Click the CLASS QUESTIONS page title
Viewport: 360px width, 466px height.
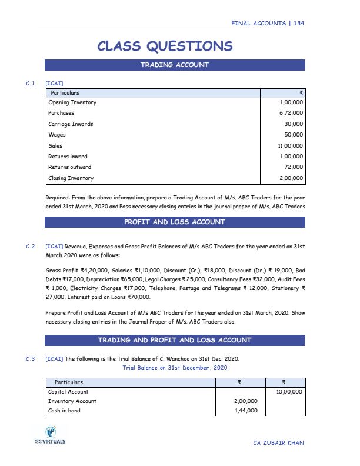(164, 46)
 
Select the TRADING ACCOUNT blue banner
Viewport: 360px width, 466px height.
(175, 65)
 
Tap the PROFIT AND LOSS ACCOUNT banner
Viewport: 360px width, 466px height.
(175, 222)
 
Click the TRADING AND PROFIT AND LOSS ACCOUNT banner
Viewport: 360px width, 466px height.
(175, 340)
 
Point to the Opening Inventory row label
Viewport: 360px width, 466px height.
(72, 102)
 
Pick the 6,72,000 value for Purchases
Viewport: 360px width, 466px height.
(291, 113)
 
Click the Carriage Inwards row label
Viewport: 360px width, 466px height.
(71, 124)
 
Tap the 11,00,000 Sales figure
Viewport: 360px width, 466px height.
(289, 145)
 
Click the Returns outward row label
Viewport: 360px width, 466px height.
(70, 167)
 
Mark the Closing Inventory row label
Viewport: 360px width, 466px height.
(71, 178)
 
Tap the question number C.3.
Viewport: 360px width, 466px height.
(31, 358)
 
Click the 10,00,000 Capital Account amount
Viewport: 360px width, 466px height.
(288, 391)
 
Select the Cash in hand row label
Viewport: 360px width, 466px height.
(64, 411)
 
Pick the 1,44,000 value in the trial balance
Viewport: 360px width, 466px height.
(246, 411)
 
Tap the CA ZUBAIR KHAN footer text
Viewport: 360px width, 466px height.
(279, 442)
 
